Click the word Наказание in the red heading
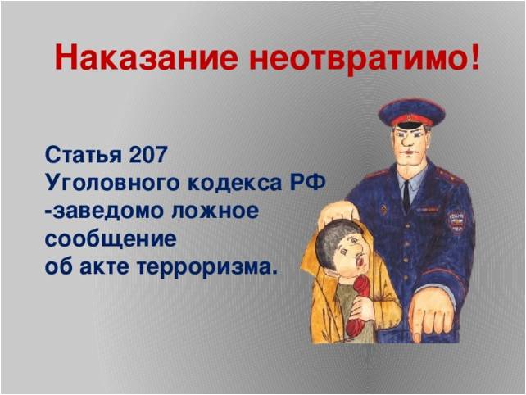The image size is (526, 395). [x=147, y=57]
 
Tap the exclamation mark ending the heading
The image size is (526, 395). [x=474, y=56]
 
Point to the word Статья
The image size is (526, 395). [x=84, y=155]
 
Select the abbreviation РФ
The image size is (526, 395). [x=307, y=183]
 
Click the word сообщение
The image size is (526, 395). [x=111, y=239]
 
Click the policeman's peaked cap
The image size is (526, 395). [x=412, y=113]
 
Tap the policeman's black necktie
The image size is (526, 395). [x=406, y=197]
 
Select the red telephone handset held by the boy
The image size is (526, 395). [x=359, y=306]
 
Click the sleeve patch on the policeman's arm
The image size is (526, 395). [x=457, y=222]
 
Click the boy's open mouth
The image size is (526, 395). [x=360, y=261]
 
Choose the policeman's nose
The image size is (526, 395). [x=408, y=141]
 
